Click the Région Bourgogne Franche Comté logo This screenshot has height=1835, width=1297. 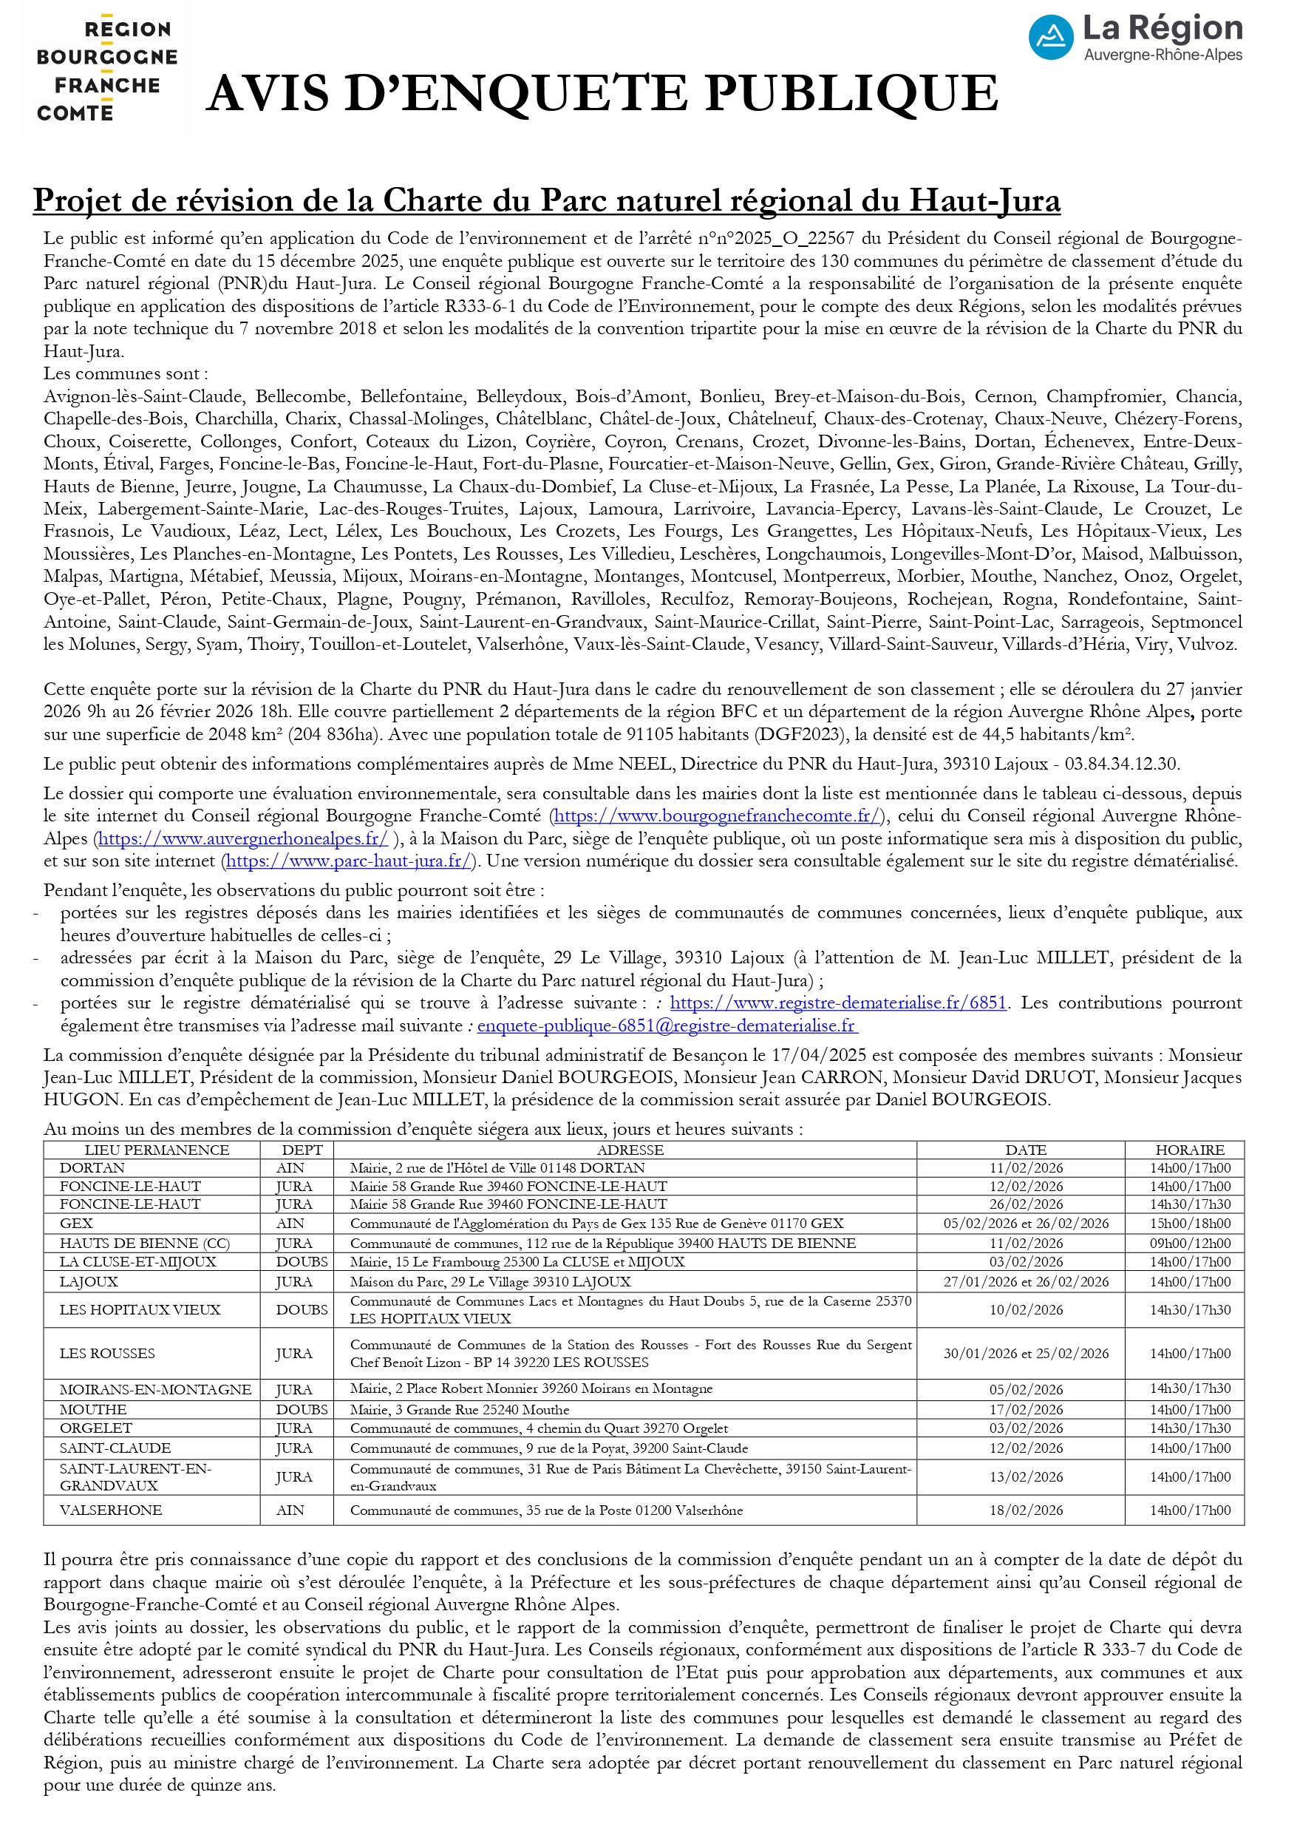107,70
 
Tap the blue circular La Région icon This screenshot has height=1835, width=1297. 1050,38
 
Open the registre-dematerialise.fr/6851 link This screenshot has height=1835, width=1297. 837,1003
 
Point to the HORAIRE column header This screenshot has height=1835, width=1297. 1189,1150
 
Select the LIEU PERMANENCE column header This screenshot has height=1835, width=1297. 157,1150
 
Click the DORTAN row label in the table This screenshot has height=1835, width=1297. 92,1167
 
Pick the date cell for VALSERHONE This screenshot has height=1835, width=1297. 1025,1510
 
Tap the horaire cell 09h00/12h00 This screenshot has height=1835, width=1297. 1190,1244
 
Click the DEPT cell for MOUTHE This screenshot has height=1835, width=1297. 302,1410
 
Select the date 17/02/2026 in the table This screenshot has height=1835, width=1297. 1025,1410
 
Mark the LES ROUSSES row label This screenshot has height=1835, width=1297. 107,1353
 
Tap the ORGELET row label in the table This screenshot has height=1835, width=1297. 96,1428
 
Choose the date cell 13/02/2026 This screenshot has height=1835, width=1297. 1025,1477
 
